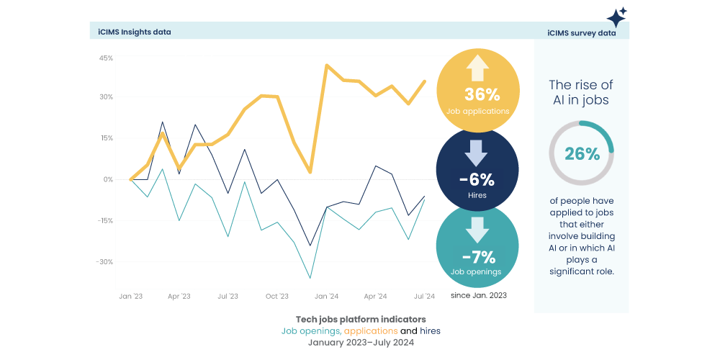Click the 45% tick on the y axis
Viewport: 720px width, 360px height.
[106, 58]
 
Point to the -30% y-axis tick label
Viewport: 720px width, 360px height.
[105, 261]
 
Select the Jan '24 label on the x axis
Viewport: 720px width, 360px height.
[326, 296]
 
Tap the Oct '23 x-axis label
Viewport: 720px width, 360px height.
[277, 296]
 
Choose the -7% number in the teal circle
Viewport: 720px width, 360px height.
[478, 256]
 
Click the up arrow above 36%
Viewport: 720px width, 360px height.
[477, 69]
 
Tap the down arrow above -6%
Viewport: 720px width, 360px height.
[477, 153]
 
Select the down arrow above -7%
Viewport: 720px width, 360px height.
[477, 230]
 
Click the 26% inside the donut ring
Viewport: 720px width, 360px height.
[582, 153]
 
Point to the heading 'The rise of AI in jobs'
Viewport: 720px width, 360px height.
[581, 92]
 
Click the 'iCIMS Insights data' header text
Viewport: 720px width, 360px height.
[135, 32]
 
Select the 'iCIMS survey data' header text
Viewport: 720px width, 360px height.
[581, 33]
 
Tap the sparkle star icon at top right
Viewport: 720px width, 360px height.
[616, 17]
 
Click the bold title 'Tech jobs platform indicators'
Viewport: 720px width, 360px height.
[360, 319]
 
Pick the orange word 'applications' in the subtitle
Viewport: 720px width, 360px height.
[371, 330]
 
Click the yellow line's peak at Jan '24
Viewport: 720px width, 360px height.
[327, 66]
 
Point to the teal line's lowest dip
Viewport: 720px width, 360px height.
[310, 278]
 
